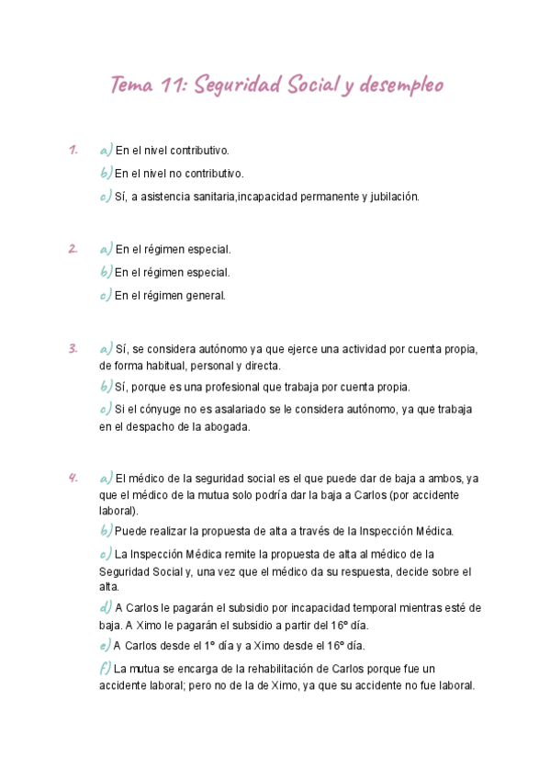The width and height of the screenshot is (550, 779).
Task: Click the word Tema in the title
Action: (130, 85)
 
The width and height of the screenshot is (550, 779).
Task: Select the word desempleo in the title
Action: (402, 86)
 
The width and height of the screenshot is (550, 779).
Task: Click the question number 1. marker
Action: (73, 149)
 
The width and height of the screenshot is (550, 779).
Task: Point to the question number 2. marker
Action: (73, 248)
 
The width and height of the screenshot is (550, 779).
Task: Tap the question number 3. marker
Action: (73, 348)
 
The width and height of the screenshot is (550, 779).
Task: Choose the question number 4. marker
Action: (73, 478)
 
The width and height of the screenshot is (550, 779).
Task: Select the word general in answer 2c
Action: (205, 296)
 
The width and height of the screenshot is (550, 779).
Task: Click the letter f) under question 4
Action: (105, 668)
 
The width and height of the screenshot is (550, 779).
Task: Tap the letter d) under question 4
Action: (105, 607)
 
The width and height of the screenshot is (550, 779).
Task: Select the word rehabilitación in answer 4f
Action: (254, 668)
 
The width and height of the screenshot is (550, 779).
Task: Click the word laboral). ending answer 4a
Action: (118, 511)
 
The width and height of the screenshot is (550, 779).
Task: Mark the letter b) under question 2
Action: (105, 272)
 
